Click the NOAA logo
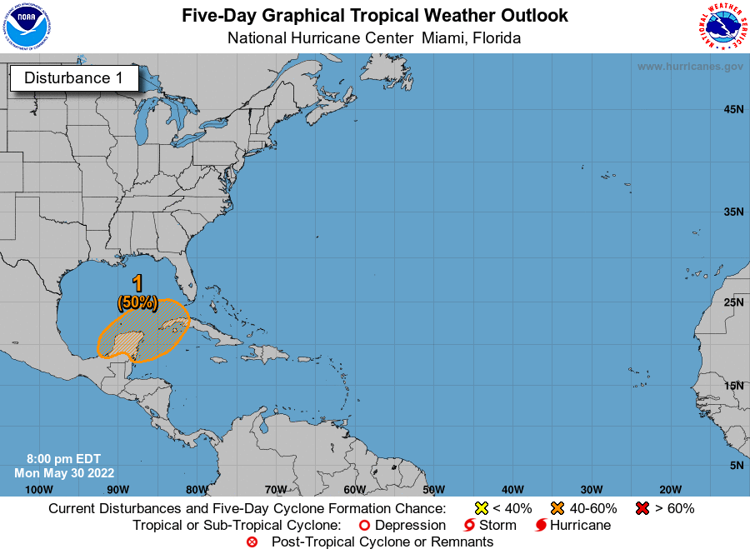point(26,27)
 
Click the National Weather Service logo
point(721,27)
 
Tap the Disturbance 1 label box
point(73,78)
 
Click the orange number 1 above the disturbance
point(137,283)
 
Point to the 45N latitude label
point(732,109)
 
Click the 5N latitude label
point(736,465)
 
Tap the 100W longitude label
point(39,489)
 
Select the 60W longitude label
point(354,489)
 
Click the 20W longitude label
point(670,489)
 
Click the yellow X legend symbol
point(481,508)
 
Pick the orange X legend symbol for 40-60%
point(557,508)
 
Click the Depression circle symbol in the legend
point(363,526)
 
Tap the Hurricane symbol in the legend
point(541,526)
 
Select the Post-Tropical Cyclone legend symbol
point(252,542)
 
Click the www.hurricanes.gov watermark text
point(690,67)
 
